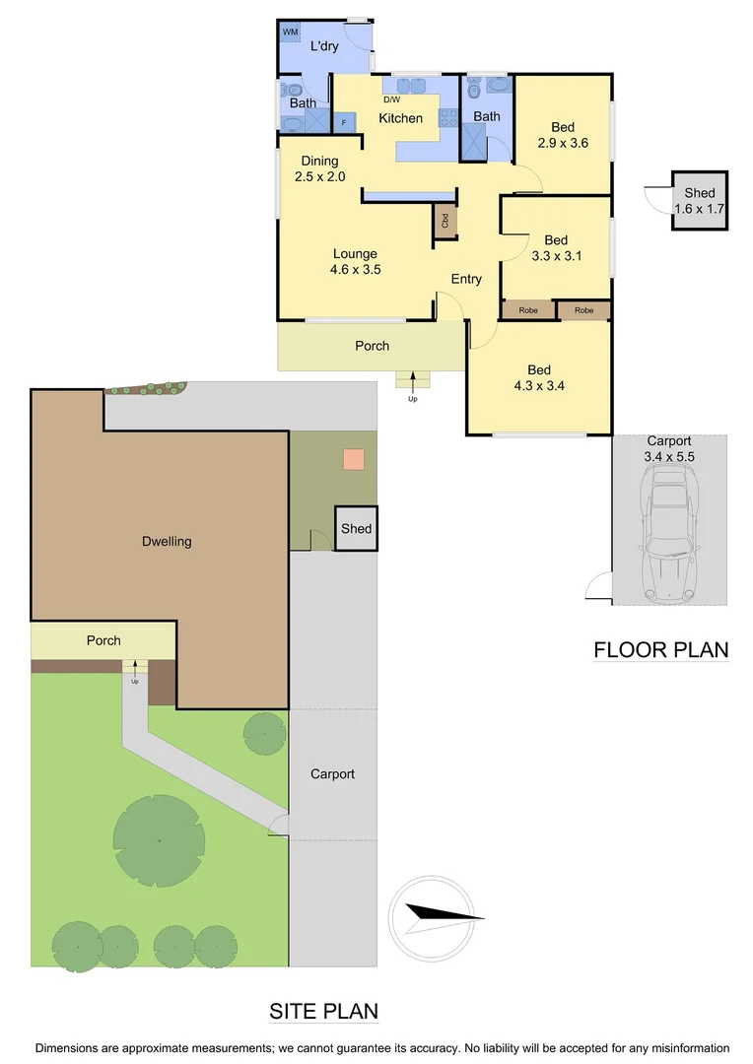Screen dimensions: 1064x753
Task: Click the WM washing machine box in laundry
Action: [x=291, y=33]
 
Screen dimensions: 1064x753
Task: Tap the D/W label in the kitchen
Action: [x=391, y=99]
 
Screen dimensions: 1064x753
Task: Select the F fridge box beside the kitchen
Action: [x=344, y=122]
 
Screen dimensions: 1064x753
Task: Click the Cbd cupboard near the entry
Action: [x=445, y=221]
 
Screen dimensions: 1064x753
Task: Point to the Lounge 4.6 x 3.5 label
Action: [x=355, y=261]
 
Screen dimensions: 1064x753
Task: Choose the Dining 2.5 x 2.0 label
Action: [x=319, y=168]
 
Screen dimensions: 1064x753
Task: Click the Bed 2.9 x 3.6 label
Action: [x=563, y=135]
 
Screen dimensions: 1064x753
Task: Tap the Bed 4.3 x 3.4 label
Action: [x=538, y=378]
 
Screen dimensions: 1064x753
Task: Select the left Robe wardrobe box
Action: [x=528, y=310]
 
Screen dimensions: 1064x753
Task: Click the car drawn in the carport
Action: [x=669, y=536]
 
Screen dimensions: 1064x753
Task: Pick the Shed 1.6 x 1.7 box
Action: [x=700, y=201]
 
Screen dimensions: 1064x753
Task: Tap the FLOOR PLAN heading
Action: [x=660, y=650]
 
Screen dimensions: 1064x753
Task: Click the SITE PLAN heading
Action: [x=323, y=1012]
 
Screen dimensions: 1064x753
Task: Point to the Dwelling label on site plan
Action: [x=167, y=541]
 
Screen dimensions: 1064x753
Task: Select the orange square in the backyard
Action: [x=353, y=459]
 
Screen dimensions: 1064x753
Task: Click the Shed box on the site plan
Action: [x=356, y=529]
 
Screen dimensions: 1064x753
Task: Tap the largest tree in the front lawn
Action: [x=159, y=839]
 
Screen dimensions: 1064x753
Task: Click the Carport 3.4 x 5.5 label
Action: [x=669, y=449]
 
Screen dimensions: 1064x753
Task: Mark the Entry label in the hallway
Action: [x=466, y=279]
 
